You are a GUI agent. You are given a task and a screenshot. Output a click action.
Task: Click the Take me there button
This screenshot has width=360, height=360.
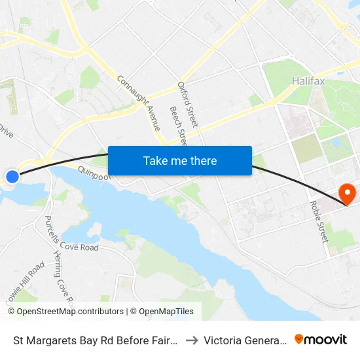pyautogui.click(x=180, y=160)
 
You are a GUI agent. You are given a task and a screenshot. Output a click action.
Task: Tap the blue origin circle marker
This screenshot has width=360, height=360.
pyautogui.click(x=12, y=176)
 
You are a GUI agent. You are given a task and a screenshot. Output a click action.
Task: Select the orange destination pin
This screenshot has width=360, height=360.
pyautogui.click(x=346, y=193)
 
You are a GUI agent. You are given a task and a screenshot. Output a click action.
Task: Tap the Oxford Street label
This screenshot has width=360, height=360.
pyautogui.click(x=188, y=105)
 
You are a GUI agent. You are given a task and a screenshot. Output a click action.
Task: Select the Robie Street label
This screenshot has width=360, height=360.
pyautogui.click(x=318, y=223)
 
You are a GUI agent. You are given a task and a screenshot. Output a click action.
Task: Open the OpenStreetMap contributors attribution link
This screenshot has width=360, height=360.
pyautogui.click(x=70, y=312)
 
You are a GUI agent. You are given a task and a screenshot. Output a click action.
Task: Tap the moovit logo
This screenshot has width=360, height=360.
pyautogui.click(x=321, y=339)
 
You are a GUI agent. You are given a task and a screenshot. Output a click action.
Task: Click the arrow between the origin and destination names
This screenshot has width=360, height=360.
pyautogui.click(x=191, y=340)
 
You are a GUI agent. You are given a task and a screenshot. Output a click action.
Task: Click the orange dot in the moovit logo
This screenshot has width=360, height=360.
pyautogui.click(x=299, y=338)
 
